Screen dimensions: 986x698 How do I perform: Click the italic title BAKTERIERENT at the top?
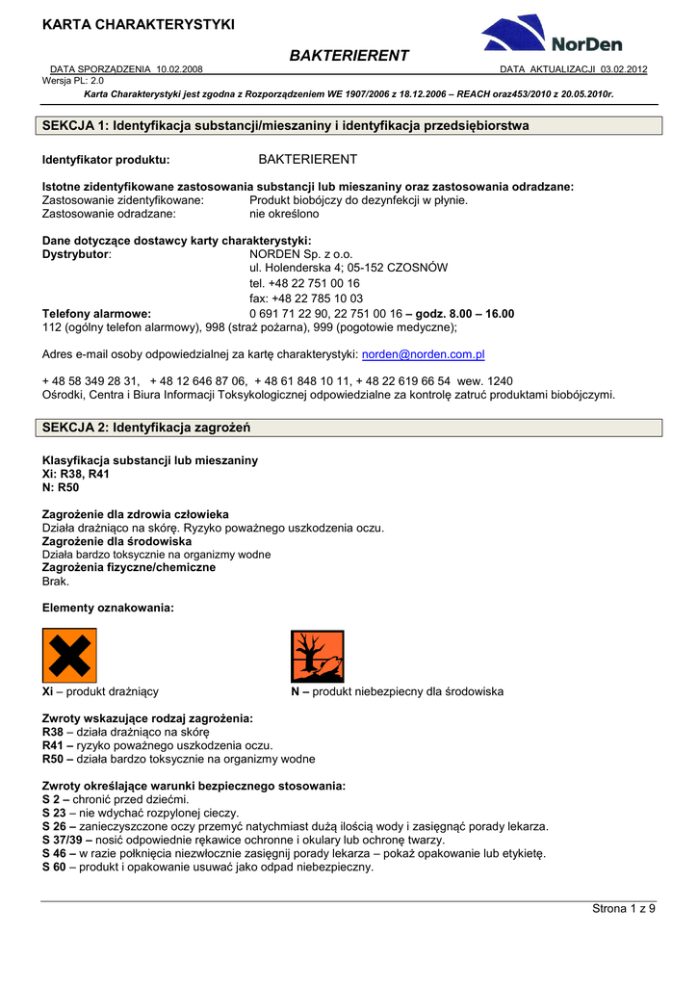point(349,56)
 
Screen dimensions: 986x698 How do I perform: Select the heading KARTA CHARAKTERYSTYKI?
point(139,24)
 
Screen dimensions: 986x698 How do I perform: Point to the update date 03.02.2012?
point(624,70)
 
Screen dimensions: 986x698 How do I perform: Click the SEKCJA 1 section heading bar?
point(351,126)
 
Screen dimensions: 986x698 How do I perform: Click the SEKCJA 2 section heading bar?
point(351,427)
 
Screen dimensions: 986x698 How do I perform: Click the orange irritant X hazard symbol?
point(69,656)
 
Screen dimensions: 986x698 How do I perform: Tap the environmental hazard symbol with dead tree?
point(318,656)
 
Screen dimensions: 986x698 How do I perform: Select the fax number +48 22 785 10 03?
point(306,298)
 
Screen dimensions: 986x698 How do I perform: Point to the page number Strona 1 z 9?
point(623,909)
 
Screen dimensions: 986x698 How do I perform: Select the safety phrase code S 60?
point(55,867)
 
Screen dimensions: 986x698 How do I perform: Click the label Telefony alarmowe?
point(96,314)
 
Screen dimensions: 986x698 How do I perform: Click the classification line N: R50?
point(61,487)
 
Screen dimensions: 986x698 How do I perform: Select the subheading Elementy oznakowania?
point(109,608)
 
